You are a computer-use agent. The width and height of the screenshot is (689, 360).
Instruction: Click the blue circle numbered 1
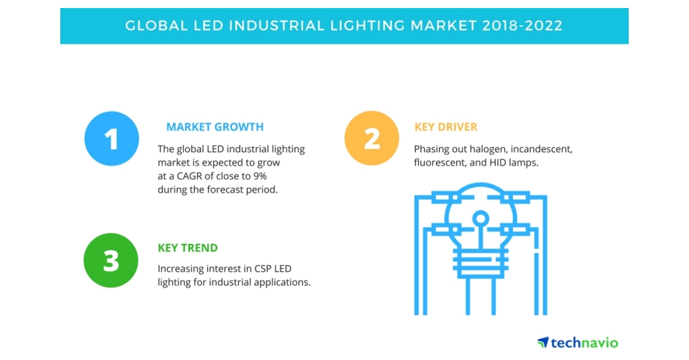tap(111, 138)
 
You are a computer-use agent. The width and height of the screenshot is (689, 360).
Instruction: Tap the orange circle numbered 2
tap(371, 138)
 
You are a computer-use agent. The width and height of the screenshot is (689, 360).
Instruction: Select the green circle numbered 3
tap(111, 260)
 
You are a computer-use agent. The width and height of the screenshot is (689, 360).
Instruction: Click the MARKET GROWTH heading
tap(215, 127)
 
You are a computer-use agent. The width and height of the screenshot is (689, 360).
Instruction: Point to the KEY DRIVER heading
tap(446, 127)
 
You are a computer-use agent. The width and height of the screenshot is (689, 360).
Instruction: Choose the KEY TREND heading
tap(188, 248)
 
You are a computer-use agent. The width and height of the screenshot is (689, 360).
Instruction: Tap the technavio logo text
tap(584, 343)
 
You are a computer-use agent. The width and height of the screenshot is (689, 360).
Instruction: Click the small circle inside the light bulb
tap(481, 218)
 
